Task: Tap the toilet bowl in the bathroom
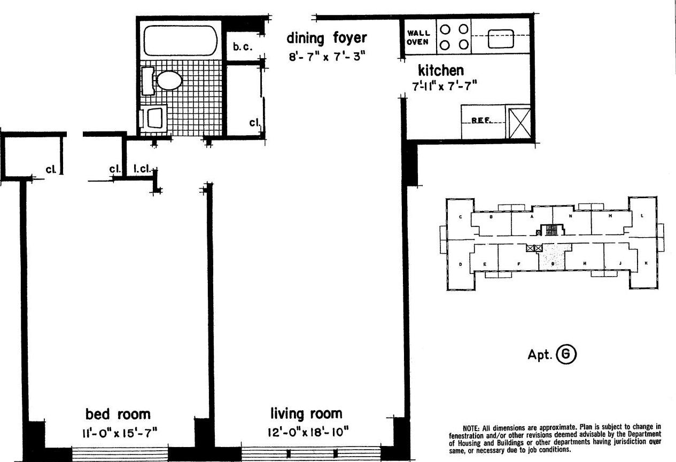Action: pos(169,81)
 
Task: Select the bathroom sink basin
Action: pos(155,118)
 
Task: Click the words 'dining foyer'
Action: pos(327,38)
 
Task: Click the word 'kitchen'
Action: pos(440,70)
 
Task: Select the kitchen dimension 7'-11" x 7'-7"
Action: pos(444,85)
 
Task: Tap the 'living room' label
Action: pos(306,413)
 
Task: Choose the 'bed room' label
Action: pos(118,413)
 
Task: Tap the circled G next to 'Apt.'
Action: pos(566,355)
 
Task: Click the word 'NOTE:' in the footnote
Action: pos(473,427)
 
